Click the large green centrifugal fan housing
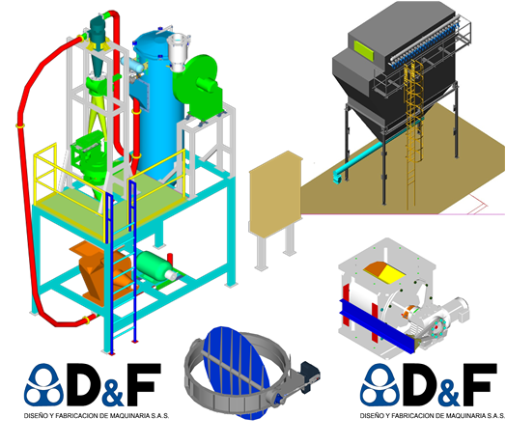198,83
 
